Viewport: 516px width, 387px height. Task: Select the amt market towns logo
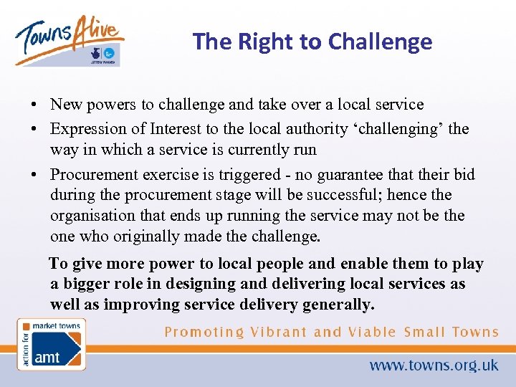click(51, 344)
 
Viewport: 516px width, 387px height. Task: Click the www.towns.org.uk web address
click(434, 365)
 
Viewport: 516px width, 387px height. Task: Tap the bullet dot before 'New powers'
click(34, 105)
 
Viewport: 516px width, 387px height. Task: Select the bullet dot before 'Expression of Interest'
click(34, 130)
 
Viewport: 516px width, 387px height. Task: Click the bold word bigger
click(88, 284)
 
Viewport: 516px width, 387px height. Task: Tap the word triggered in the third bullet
click(243, 175)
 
